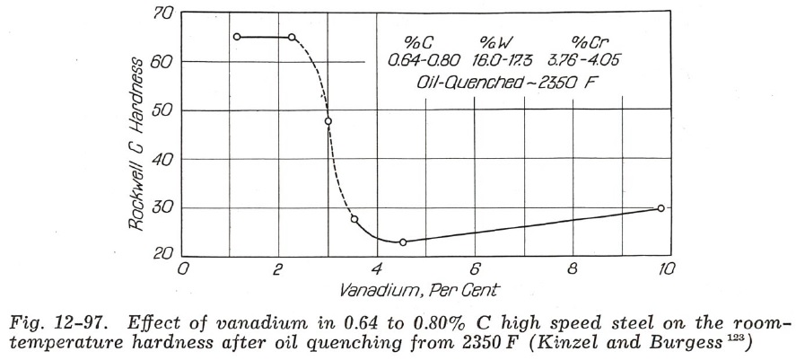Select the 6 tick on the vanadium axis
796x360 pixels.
pyautogui.click(x=474, y=268)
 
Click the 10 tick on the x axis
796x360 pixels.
pyautogui.click(x=667, y=268)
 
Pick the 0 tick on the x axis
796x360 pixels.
pyautogui.click(x=183, y=268)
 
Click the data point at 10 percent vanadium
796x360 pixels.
pyautogui.click(x=661, y=208)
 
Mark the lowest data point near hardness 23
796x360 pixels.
pyautogui.click(x=403, y=242)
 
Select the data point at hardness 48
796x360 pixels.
pyautogui.click(x=328, y=121)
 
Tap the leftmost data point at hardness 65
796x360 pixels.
pyautogui.click(x=237, y=37)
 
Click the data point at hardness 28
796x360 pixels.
pyautogui.click(x=354, y=219)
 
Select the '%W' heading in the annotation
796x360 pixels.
pyautogui.click(x=493, y=41)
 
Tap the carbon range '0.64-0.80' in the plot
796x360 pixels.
pyautogui.click(x=424, y=60)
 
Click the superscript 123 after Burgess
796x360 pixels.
pyautogui.click(x=760, y=338)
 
